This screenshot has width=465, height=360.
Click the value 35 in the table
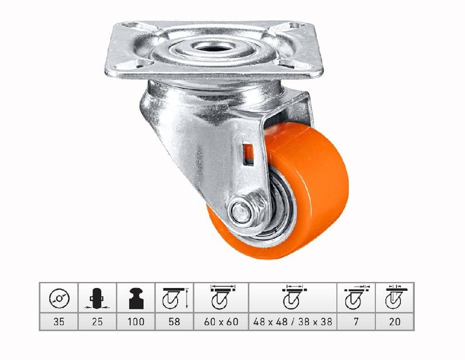(59, 321)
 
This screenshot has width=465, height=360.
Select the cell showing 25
(97, 321)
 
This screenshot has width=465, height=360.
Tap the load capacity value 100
(136, 321)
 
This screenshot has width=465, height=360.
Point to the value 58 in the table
(174, 321)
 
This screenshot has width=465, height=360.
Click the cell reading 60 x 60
(221, 321)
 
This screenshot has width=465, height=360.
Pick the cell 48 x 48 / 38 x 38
(292, 321)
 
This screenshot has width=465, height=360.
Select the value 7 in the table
(356, 321)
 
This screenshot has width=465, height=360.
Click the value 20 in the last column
(394, 321)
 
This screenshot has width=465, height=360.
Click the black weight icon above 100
(136, 298)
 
